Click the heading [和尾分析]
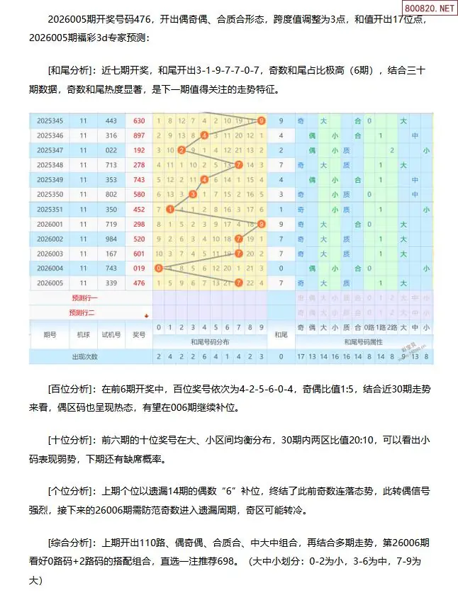click(69, 70)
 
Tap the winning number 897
click(139, 135)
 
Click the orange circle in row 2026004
click(158, 268)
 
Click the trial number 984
click(111, 239)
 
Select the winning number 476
click(139, 283)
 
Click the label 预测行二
click(82, 312)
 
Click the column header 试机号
click(111, 334)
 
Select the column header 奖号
click(139, 334)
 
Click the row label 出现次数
click(84, 356)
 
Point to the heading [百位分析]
click(69, 388)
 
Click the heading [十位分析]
click(69, 439)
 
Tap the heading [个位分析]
click(69, 490)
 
